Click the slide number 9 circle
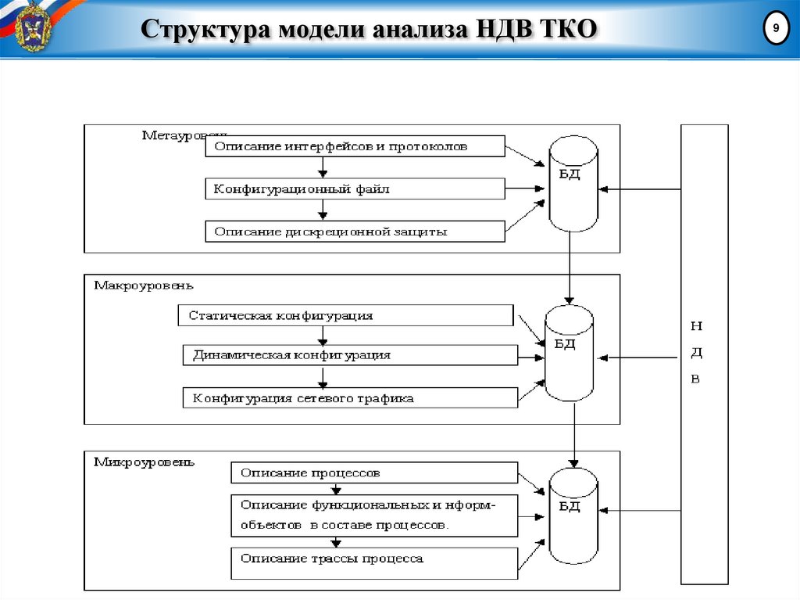coord(775,28)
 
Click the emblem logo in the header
coord(30,28)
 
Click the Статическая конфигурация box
coord(345,316)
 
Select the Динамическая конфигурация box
coord(349,355)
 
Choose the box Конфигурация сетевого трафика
coord(349,398)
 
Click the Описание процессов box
coord(374,472)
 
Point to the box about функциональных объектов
coord(374,515)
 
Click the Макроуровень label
coord(144,286)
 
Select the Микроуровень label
coord(144,462)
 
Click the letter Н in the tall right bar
coord(696,325)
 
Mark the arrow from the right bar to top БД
coord(641,189)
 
